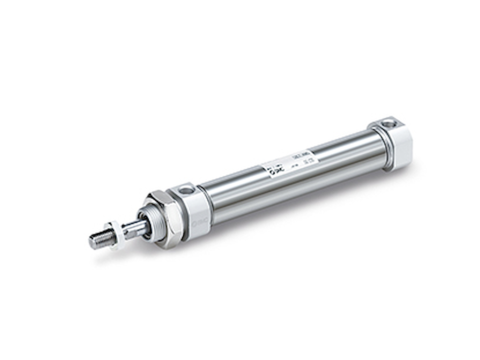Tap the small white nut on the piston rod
[113, 234]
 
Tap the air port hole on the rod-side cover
[186, 190]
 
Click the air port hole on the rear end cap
[388, 124]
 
